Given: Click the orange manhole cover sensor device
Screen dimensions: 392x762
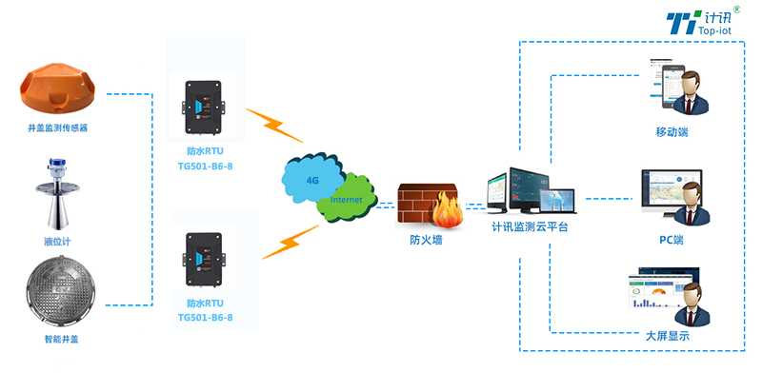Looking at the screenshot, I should [x=60, y=87].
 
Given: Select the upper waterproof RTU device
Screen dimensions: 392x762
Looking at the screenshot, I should [x=205, y=108].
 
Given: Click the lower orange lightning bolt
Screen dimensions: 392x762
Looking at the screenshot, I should [x=291, y=242].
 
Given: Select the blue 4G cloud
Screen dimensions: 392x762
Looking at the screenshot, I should [x=311, y=177].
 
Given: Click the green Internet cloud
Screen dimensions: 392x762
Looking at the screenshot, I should [x=346, y=199].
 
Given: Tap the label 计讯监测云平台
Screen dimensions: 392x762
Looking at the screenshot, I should [x=530, y=226].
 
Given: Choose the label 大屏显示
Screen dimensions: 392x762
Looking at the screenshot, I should [x=667, y=336].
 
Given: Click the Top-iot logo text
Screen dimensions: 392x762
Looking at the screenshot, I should [x=705, y=30].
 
